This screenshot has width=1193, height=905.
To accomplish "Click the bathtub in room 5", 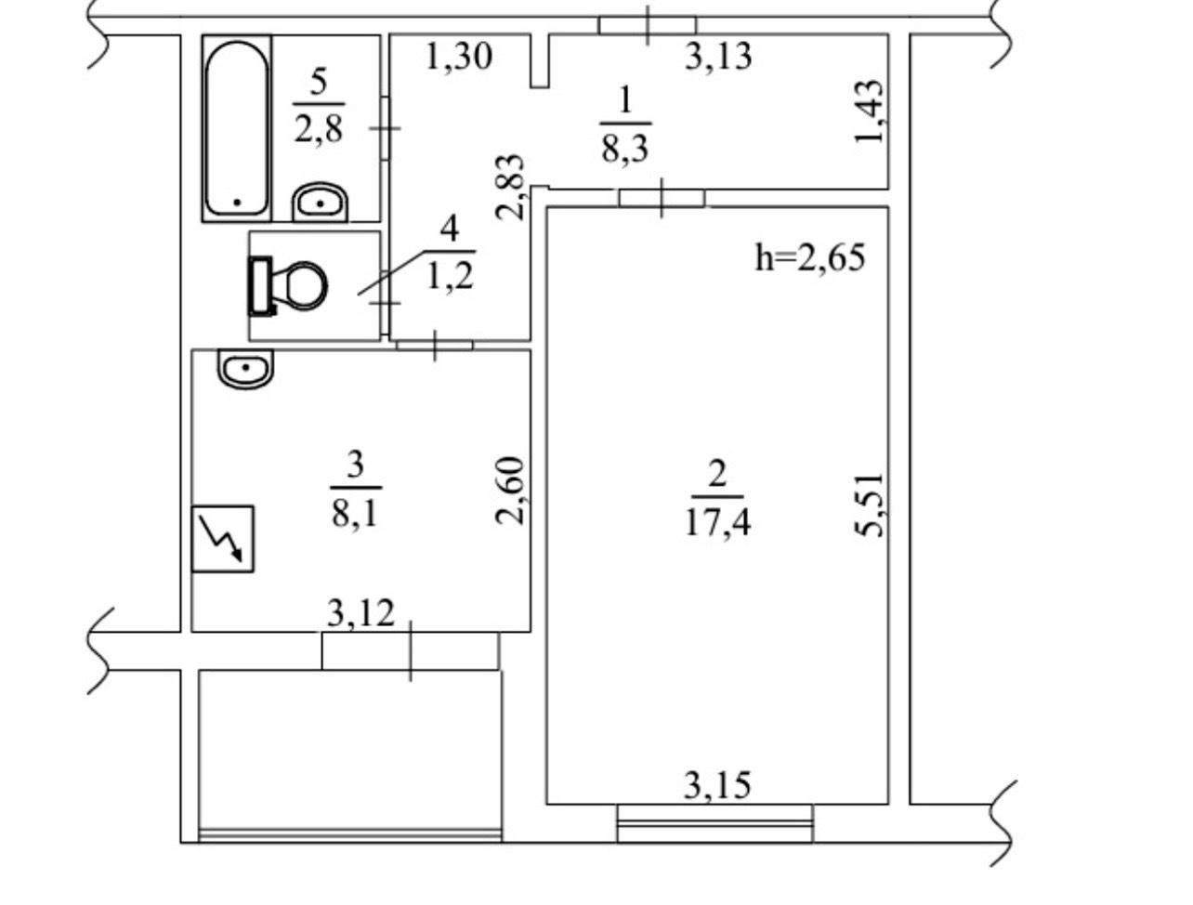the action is click(236, 128).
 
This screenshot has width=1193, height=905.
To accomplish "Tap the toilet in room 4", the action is click(287, 286).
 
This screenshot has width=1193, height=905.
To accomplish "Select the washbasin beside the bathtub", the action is click(320, 202).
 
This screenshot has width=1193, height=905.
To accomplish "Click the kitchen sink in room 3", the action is click(245, 369).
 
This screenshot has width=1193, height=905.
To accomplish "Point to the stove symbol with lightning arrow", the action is click(222, 539).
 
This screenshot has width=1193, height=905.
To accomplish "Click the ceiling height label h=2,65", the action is click(809, 257).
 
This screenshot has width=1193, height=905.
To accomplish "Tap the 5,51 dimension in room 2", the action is click(869, 505).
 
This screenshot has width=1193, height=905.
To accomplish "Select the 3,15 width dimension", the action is click(717, 785).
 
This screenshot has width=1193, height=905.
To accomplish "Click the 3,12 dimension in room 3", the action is click(361, 613).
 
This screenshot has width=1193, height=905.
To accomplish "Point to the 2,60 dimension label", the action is click(511, 491).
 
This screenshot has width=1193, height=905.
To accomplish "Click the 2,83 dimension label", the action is click(511, 188).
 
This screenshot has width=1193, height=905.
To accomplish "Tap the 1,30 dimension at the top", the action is click(459, 57).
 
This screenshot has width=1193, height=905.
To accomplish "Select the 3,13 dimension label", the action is click(718, 56).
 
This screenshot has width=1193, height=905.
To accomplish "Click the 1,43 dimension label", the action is click(869, 111).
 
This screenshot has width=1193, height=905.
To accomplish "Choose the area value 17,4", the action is click(717, 523).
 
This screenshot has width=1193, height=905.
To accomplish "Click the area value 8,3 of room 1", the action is click(625, 148).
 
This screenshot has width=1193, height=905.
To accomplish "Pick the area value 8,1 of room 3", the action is click(355, 513).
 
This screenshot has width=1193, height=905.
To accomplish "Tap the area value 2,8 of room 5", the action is click(319, 129).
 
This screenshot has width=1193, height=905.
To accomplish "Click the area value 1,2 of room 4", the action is click(450, 277).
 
